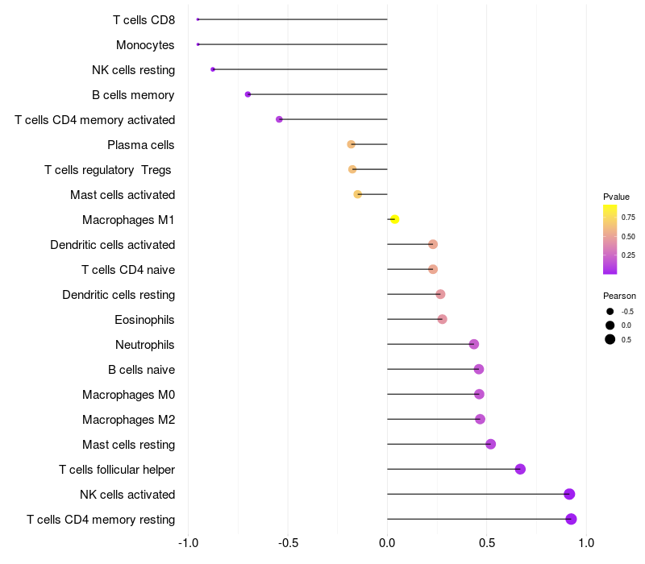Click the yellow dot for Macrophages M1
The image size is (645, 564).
click(x=394, y=219)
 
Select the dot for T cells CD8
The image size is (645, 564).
click(x=198, y=19)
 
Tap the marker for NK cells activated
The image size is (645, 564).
click(x=569, y=494)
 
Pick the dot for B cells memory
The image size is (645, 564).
click(x=248, y=94)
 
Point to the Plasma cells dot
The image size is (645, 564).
click(x=351, y=144)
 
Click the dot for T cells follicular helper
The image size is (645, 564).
click(x=520, y=469)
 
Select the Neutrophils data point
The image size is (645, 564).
click(x=474, y=344)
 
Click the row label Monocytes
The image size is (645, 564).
click(x=145, y=45)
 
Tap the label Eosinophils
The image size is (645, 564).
click(x=144, y=320)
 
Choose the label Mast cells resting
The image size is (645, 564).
click(x=129, y=445)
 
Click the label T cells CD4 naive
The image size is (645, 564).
click(x=128, y=270)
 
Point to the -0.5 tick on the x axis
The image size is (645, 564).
click(x=288, y=543)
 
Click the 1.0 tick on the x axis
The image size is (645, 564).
click(x=586, y=543)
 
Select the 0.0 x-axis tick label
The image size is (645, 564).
click(x=387, y=543)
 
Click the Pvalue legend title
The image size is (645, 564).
click(x=616, y=197)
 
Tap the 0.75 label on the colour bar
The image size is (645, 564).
click(x=628, y=218)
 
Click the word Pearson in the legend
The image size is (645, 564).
click(x=619, y=296)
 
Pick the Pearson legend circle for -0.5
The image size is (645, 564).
click(x=610, y=312)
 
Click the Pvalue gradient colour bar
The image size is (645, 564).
click(x=610, y=239)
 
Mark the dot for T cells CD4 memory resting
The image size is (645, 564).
click(x=571, y=519)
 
